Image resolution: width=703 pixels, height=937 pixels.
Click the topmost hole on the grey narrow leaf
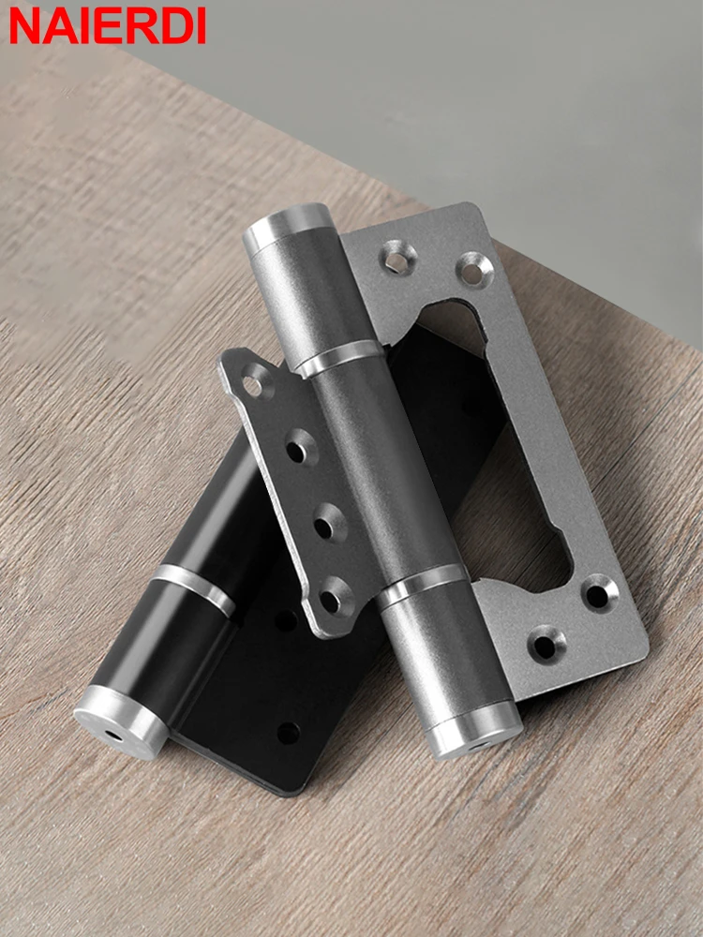point(252,383)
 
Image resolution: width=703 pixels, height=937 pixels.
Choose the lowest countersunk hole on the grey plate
point(544,646)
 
